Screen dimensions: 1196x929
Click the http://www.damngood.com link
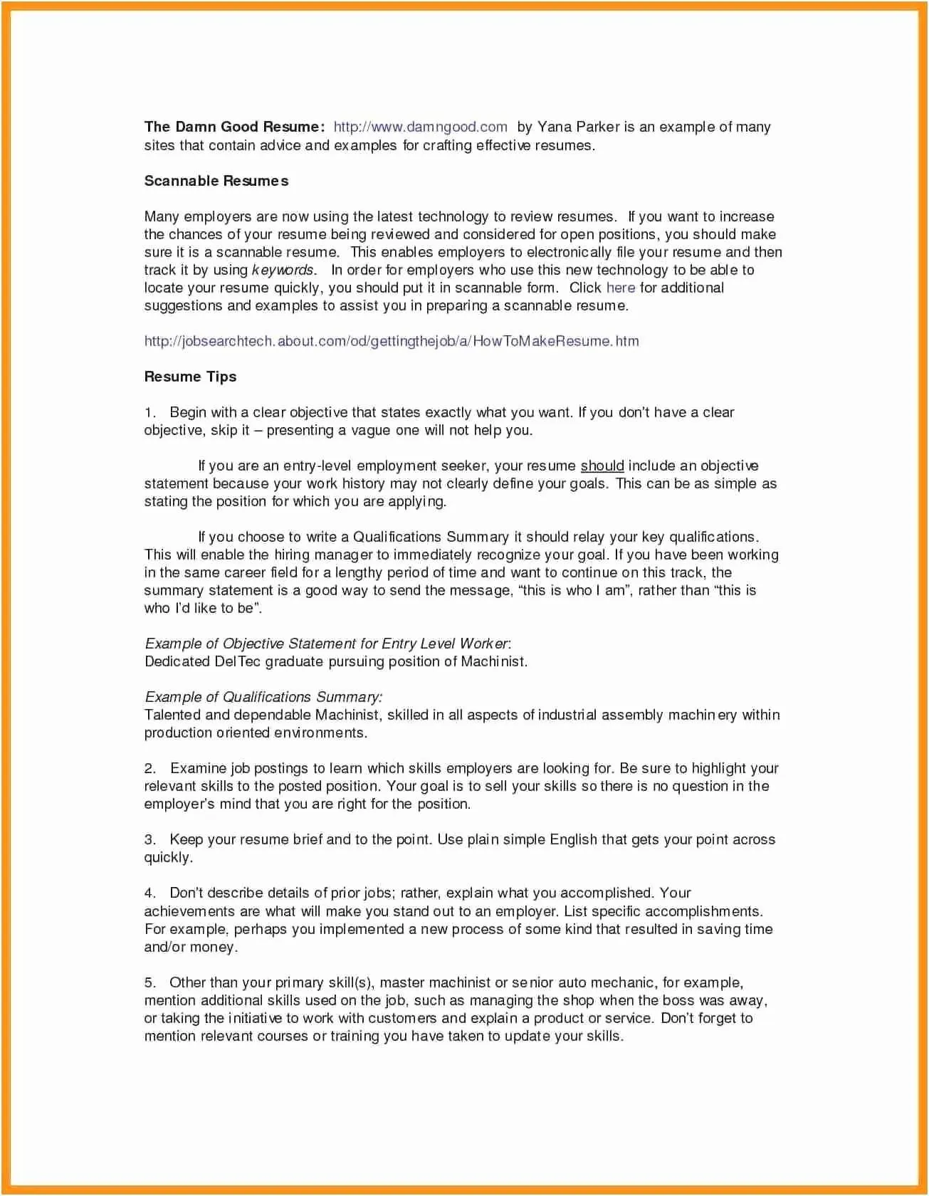pyautogui.click(x=420, y=127)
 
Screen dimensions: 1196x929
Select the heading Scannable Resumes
pyautogui.click(x=216, y=181)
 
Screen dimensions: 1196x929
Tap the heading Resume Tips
pyautogui.click(x=190, y=377)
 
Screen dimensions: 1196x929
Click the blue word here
pyautogui.click(x=621, y=288)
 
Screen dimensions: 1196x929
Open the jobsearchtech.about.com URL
pyautogui.click(x=392, y=341)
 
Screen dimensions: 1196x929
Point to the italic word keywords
pyautogui.click(x=283, y=270)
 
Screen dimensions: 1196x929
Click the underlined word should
pyautogui.click(x=602, y=466)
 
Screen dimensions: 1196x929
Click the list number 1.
pyautogui.click(x=149, y=413)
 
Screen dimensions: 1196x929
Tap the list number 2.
pyautogui.click(x=149, y=769)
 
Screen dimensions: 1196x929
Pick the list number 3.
pyautogui.click(x=149, y=840)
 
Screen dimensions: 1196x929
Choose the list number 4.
pyautogui.click(x=149, y=893)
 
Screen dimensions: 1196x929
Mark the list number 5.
pyautogui.click(x=149, y=983)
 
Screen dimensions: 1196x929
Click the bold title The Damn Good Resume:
pyautogui.click(x=234, y=127)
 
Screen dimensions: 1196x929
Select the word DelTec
pyautogui.click(x=238, y=661)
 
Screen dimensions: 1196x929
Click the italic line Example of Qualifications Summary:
pyautogui.click(x=263, y=697)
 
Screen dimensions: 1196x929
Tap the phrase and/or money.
pyautogui.click(x=191, y=948)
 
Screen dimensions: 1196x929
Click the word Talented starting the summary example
pyautogui.click(x=172, y=715)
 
